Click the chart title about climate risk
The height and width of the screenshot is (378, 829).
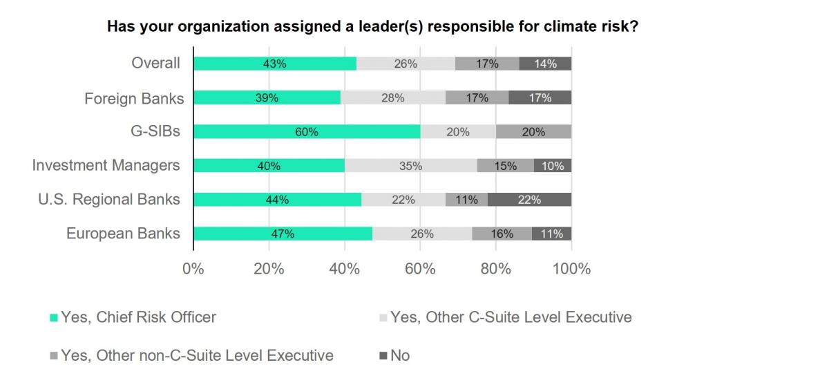(371, 28)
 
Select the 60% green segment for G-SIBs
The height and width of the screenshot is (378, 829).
(307, 132)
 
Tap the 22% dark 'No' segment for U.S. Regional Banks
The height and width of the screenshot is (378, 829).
(529, 200)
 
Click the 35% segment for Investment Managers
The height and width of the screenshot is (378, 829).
(410, 166)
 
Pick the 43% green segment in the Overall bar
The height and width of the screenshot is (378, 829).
(275, 64)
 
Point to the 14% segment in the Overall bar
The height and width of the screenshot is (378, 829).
(545, 64)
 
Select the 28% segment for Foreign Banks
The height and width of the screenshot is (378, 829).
(393, 98)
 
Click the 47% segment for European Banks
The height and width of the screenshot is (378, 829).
(283, 234)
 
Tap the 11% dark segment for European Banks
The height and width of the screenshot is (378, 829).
(551, 234)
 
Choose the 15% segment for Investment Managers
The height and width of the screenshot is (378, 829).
(505, 166)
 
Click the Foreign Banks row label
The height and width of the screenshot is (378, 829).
(134, 99)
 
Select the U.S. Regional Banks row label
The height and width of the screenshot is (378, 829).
(108, 200)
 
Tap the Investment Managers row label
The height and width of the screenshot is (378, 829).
(106, 166)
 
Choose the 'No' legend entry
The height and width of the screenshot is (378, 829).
(399, 355)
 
